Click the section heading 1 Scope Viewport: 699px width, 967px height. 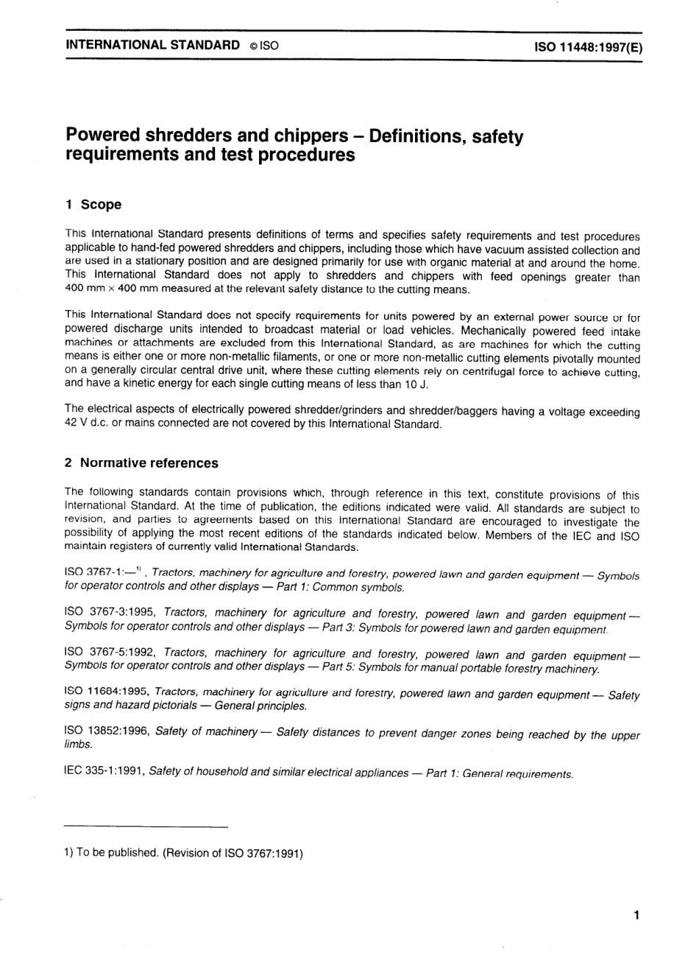pyautogui.click(x=93, y=204)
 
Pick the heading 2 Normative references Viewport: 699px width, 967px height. pyautogui.click(x=141, y=463)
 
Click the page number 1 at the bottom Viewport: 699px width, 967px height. pyautogui.click(x=635, y=915)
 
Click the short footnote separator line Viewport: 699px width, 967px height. pyautogui.click(x=146, y=827)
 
